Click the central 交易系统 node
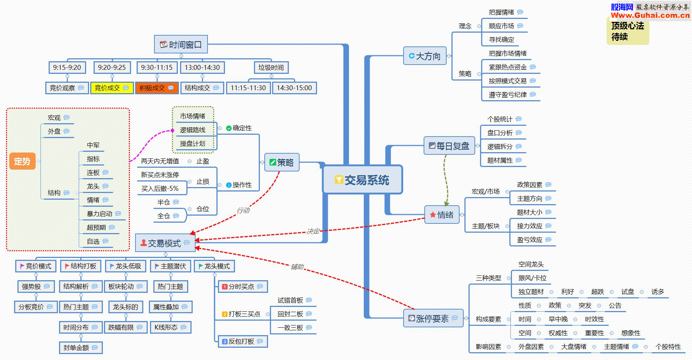pyautogui.click(x=362, y=180)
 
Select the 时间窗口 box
pyautogui.click(x=181, y=45)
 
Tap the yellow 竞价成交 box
pyautogui.click(x=112, y=88)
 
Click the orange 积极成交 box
pyautogui.click(x=157, y=88)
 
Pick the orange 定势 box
pyautogui.click(x=22, y=161)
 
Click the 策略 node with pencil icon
pyautogui.click(x=282, y=163)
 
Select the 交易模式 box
pyautogui.click(x=165, y=243)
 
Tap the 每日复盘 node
pyautogui.click(x=449, y=146)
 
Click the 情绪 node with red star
pyautogui.click(x=442, y=215)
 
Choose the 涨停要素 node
pyautogui.click(x=433, y=318)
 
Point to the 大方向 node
pyautogui.click(x=425, y=56)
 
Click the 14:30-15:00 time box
pyautogui.click(x=294, y=88)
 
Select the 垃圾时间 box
pyautogui.click(x=271, y=68)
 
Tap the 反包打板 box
pyautogui.click(x=242, y=341)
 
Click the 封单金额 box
pyautogui.click(x=80, y=348)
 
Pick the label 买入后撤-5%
pyautogui.click(x=160, y=189)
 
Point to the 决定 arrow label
pyautogui.click(x=313, y=231)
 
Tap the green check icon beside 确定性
pyautogui.click(x=229, y=128)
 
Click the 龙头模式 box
pyautogui.click(x=214, y=266)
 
